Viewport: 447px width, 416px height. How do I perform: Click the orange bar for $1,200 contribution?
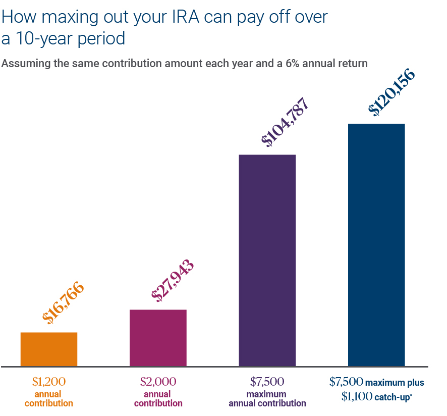pos(49,349)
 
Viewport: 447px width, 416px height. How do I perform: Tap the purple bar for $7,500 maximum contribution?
pos(267,260)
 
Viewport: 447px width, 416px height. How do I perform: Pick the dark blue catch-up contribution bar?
pos(376,245)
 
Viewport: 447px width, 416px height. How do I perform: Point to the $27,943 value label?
pos(173,281)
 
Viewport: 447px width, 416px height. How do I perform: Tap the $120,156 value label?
pos(392,92)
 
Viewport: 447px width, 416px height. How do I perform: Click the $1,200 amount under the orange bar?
pos(49,381)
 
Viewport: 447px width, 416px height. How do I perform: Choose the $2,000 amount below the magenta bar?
pos(158,381)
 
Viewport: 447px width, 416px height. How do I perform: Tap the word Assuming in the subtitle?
pos(23,64)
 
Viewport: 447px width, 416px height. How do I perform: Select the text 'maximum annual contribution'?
pos(267,399)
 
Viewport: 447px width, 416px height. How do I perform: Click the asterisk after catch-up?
pos(411,395)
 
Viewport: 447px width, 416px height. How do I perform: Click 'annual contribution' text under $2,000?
pos(158,399)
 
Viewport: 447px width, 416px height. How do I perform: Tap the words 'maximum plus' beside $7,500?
pos(395,382)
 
